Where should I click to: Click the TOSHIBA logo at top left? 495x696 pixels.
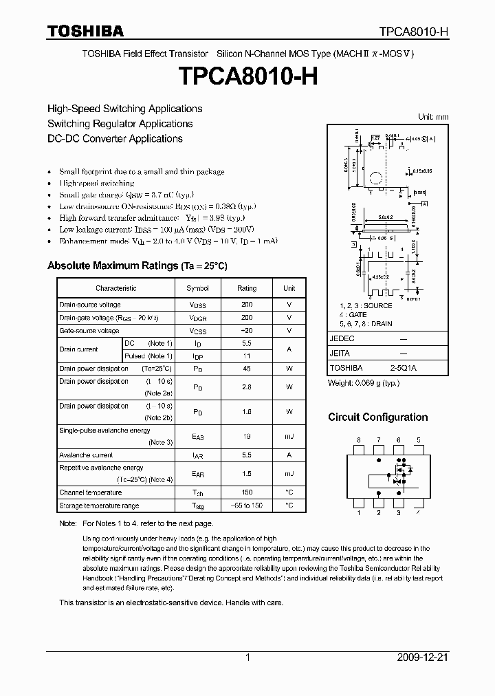point(85,31)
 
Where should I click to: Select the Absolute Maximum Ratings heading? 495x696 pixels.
point(137,265)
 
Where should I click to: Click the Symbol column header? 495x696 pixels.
point(197,289)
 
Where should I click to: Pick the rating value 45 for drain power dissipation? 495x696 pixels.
point(247,369)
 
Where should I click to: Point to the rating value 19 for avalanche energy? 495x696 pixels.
point(247,436)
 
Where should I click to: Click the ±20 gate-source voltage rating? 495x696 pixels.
point(247,331)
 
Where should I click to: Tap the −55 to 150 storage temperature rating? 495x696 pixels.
point(247,505)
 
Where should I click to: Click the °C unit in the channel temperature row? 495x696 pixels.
point(289,492)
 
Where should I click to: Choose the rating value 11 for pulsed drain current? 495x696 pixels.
point(247,356)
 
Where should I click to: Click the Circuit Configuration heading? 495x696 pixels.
point(377,417)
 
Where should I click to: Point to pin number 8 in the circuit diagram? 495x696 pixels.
point(358,439)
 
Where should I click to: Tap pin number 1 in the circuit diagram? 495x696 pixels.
point(358,512)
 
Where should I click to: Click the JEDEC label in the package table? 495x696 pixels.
point(342,339)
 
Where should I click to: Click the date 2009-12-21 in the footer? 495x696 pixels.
point(423,657)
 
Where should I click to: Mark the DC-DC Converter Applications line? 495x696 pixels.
point(115,138)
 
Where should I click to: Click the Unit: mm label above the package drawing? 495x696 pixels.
point(433,117)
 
